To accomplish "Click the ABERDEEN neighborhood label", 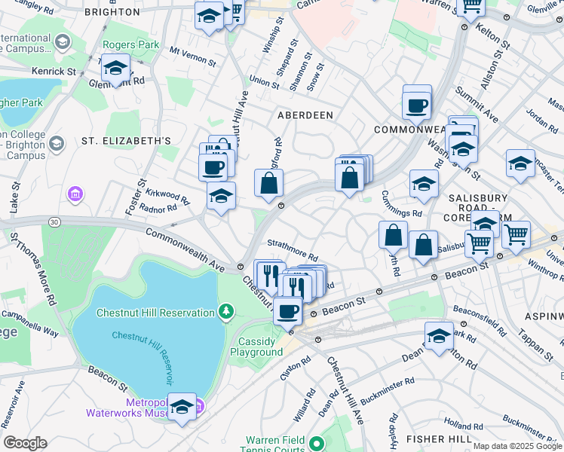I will (305, 115).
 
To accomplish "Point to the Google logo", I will (25, 442).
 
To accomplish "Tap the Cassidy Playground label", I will (256, 347).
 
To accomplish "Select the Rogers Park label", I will (130, 44).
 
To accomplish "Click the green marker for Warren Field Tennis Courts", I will (317, 443).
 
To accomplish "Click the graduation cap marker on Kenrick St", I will (115, 69).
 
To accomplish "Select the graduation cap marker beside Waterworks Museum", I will (182, 408).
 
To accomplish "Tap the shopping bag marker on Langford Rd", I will (269, 183).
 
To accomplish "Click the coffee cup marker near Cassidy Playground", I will (287, 310).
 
